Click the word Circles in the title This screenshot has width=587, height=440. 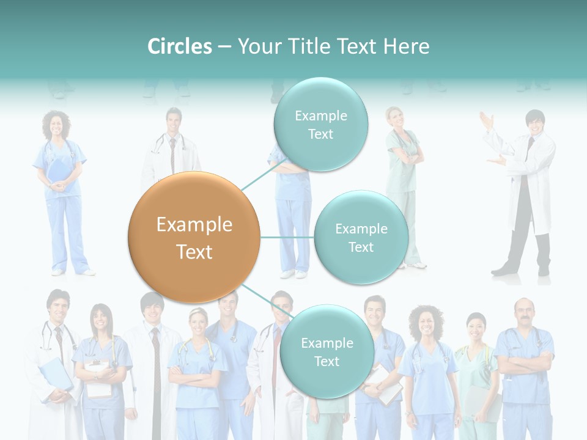click(180, 46)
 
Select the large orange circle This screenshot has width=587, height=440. click(194, 238)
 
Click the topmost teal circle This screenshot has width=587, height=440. click(320, 125)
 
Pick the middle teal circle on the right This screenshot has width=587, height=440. click(361, 238)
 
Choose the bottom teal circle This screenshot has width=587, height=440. click(327, 352)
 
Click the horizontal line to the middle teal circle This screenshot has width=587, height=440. click(287, 237)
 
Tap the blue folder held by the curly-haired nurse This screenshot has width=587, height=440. click(59, 170)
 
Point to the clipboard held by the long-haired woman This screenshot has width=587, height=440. click(98, 376)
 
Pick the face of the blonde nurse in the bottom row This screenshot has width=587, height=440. click(198, 323)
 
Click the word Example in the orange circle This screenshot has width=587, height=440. click(194, 225)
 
